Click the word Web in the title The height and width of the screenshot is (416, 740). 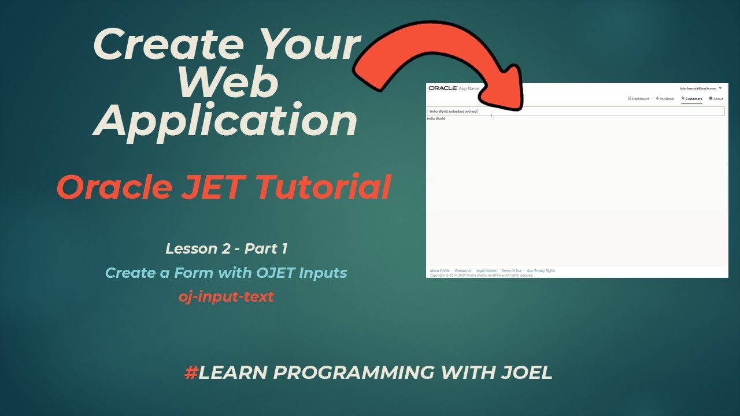pyautogui.click(x=228, y=83)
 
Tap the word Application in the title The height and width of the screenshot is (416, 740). pyautogui.click(x=226, y=121)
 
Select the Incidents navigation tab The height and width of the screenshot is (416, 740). pyautogui.click(x=665, y=99)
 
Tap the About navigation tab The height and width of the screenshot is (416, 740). pyautogui.click(x=716, y=99)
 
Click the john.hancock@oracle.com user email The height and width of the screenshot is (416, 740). pyautogui.click(x=698, y=88)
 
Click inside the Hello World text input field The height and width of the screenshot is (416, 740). pyautogui.click(x=578, y=111)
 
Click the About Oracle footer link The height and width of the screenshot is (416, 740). pyautogui.click(x=439, y=270)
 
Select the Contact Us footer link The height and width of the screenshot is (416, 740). pyautogui.click(x=462, y=270)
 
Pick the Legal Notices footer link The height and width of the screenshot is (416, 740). pyautogui.click(x=487, y=270)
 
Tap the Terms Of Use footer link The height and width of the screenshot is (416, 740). pyautogui.click(x=512, y=270)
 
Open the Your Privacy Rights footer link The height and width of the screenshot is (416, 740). pyautogui.click(x=541, y=270)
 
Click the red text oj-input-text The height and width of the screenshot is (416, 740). pyautogui.click(x=226, y=297)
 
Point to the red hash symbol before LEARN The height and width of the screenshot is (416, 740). pyautogui.click(x=191, y=373)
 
